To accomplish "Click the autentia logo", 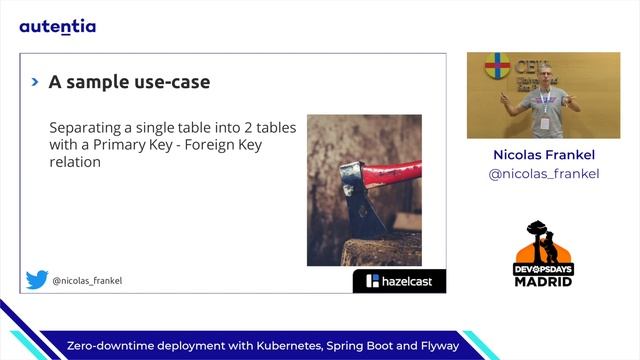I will point(58,27).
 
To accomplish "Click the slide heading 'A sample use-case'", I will point(129,82).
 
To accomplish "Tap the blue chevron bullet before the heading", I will point(35,82).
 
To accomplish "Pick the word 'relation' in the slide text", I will point(75,161).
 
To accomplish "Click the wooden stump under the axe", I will point(380,250).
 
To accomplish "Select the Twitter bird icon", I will point(37,281).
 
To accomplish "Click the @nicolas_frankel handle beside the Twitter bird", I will point(87,282).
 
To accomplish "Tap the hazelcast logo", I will point(399,281).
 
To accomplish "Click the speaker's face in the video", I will point(543,75).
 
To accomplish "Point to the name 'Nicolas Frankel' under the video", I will point(543,155).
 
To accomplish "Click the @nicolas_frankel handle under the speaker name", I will point(543,174).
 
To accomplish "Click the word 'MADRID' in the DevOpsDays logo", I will point(544,281).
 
